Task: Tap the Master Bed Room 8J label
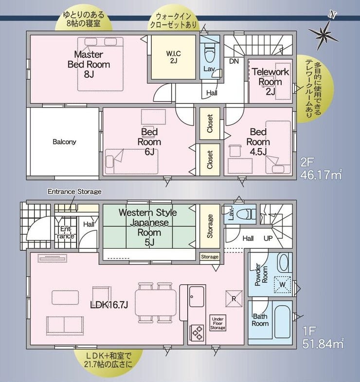tap(89, 64)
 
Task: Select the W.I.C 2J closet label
tap(173, 57)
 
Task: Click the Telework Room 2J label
tap(270, 82)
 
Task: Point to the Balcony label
tap(64, 141)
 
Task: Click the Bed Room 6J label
tap(149, 142)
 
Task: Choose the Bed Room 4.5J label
tap(258, 142)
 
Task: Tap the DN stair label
tap(234, 61)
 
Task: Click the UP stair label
tap(268, 238)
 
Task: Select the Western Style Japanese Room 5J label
tap(148, 227)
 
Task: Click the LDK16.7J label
tap(109, 305)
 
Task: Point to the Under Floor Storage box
tap(217, 323)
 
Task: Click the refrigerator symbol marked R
tap(234, 298)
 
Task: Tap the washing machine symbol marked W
tap(283, 284)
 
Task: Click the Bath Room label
tap(260, 320)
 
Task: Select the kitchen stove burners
tap(198, 333)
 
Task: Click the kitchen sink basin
tap(197, 296)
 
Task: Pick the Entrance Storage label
tap(74, 191)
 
